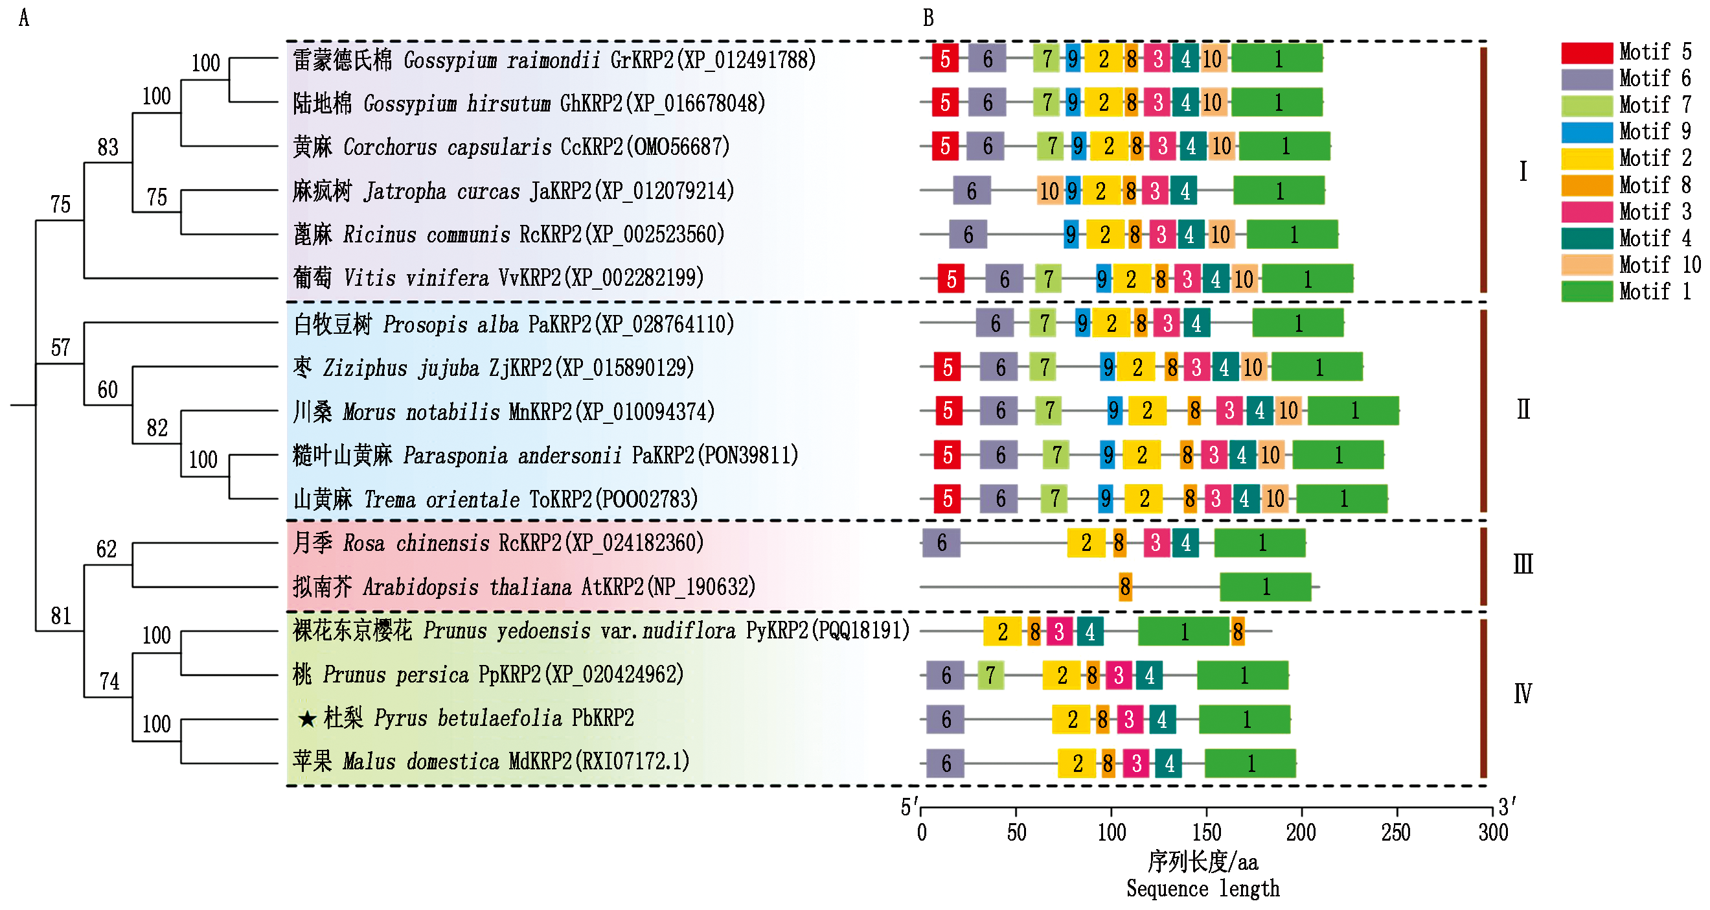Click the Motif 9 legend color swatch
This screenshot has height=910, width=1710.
pyautogui.click(x=1586, y=132)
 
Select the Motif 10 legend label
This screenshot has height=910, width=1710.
pyautogui.click(x=1659, y=265)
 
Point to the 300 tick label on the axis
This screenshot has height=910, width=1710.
pyautogui.click(x=1493, y=832)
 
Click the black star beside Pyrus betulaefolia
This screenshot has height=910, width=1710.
pyautogui.click(x=306, y=719)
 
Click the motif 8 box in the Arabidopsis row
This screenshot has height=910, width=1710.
pyautogui.click(x=1125, y=587)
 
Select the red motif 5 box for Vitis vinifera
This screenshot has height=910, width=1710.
pyautogui.click(x=951, y=278)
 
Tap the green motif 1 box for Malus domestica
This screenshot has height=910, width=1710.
pyautogui.click(x=1250, y=764)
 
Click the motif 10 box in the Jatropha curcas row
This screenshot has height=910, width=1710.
pyautogui.click(x=1049, y=191)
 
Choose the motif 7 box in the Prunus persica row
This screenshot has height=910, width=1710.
pyautogui.click(x=990, y=675)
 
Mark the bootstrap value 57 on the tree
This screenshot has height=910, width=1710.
pyautogui.click(x=60, y=347)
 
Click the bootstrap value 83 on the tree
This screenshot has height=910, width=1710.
pyautogui.click(x=108, y=146)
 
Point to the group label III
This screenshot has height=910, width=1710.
pyautogui.click(x=1523, y=565)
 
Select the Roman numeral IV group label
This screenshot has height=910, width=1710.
pyautogui.click(x=1522, y=694)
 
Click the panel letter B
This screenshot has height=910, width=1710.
pyautogui.click(x=928, y=18)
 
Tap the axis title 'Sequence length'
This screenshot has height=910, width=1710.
pyautogui.click(x=1203, y=889)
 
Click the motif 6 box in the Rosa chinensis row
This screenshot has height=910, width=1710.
pyautogui.click(x=941, y=543)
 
